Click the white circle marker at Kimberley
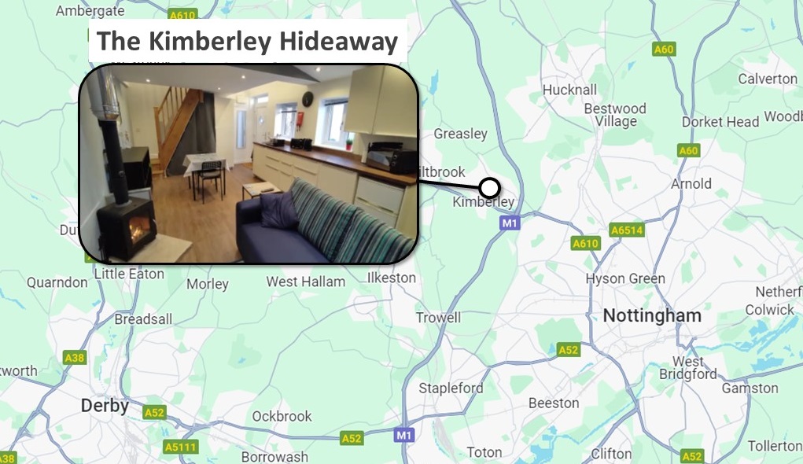tap(489, 188)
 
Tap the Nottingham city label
tap(652, 316)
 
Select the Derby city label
tap(105, 406)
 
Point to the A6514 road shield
tap(627, 230)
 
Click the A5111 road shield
tap(182, 447)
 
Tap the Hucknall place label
tap(569, 90)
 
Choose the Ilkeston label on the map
tap(392, 278)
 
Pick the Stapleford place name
tap(451, 388)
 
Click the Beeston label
tap(554, 403)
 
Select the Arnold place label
tap(691, 184)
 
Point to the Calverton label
tap(767, 79)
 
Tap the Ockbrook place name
tap(282, 416)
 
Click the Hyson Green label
tap(625, 278)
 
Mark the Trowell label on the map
tap(438, 318)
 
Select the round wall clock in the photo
tap(307, 99)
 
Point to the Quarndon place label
tap(57, 282)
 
